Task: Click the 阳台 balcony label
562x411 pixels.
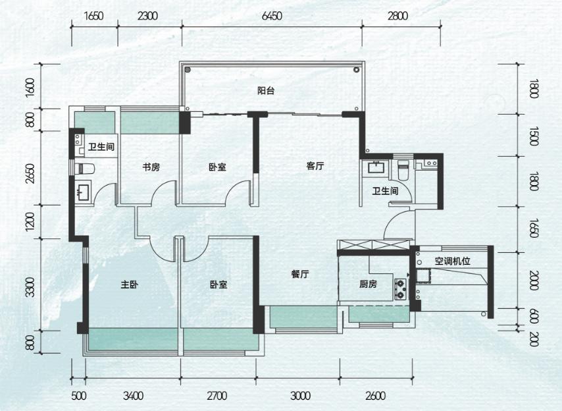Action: tap(266, 91)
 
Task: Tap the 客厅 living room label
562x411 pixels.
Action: tap(315, 166)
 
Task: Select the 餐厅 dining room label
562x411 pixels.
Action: tap(300, 275)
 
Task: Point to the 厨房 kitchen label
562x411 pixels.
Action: tap(368, 285)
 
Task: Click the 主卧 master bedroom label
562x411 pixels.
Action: tap(130, 285)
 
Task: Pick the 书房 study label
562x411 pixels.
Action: tap(151, 167)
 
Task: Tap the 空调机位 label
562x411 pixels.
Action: tap(453, 261)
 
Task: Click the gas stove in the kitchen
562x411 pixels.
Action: tap(401, 289)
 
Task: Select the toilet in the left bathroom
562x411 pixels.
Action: tap(85, 169)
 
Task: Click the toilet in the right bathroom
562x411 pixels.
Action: tap(403, 170)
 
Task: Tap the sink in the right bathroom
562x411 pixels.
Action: tap(376, 167)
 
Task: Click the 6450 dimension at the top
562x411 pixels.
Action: tap(272, 16)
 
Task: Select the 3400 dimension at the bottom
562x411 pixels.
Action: tap(134, 396)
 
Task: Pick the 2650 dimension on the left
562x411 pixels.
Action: tap(31, 174)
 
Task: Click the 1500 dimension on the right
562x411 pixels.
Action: tap(534, 136)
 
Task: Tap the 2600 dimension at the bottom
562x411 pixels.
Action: tap(376, 396)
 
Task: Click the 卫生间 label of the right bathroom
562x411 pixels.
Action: tap(385, 191)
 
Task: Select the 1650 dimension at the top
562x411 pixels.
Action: tap(94, 16)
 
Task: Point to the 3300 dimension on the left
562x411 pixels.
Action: tap(31, 287)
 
